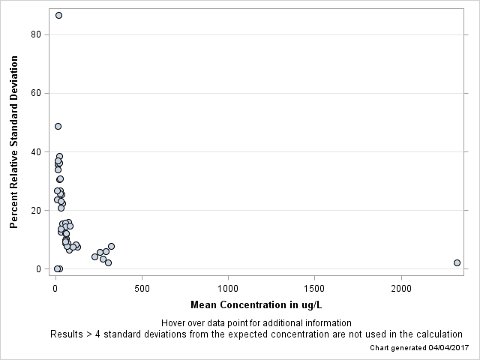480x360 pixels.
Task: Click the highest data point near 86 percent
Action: point(58,15)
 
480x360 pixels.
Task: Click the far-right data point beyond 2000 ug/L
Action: point(457,262)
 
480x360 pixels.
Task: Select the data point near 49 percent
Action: point(58,126)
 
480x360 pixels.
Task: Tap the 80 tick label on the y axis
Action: point(35,34)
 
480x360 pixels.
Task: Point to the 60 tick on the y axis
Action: point(35,93)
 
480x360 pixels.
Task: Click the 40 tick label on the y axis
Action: point(35,151)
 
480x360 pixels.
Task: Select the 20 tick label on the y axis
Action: point(35,210)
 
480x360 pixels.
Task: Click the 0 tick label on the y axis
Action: point(38,268)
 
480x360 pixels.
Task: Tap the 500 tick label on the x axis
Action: point(142,288)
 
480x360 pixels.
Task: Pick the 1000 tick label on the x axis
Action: point(228,288)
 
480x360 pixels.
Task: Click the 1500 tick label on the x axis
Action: point(314,288)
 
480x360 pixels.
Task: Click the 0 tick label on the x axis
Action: point(55,288)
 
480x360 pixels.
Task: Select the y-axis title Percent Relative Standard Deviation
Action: point(13,142)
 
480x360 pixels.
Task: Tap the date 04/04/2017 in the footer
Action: point(448,348)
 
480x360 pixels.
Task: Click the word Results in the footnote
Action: point(66,334)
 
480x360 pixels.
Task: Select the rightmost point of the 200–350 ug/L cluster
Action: point(111,246)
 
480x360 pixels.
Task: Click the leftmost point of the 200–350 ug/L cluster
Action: point(94,256)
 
